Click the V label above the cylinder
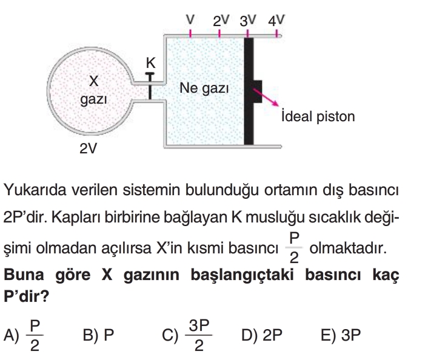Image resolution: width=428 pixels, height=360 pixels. pyautogui.click(x=190, y=19)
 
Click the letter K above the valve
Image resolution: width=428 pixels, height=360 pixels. pyautogui.click(x=151, y=62)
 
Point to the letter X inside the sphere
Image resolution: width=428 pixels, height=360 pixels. pyautogui.click(x=93, y=81)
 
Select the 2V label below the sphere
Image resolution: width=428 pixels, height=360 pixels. pyautogui.click(x=89, y=148)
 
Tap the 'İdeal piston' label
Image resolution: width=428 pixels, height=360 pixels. pyautogui.click(x=318, y=116)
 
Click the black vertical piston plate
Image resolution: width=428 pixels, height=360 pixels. pyautogui.click(x=248, y=91)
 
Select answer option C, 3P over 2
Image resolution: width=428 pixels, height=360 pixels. pyautogui.click(x=190, y=336)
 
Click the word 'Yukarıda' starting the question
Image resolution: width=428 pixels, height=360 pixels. pyautogui.click(x=33, y=191)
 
